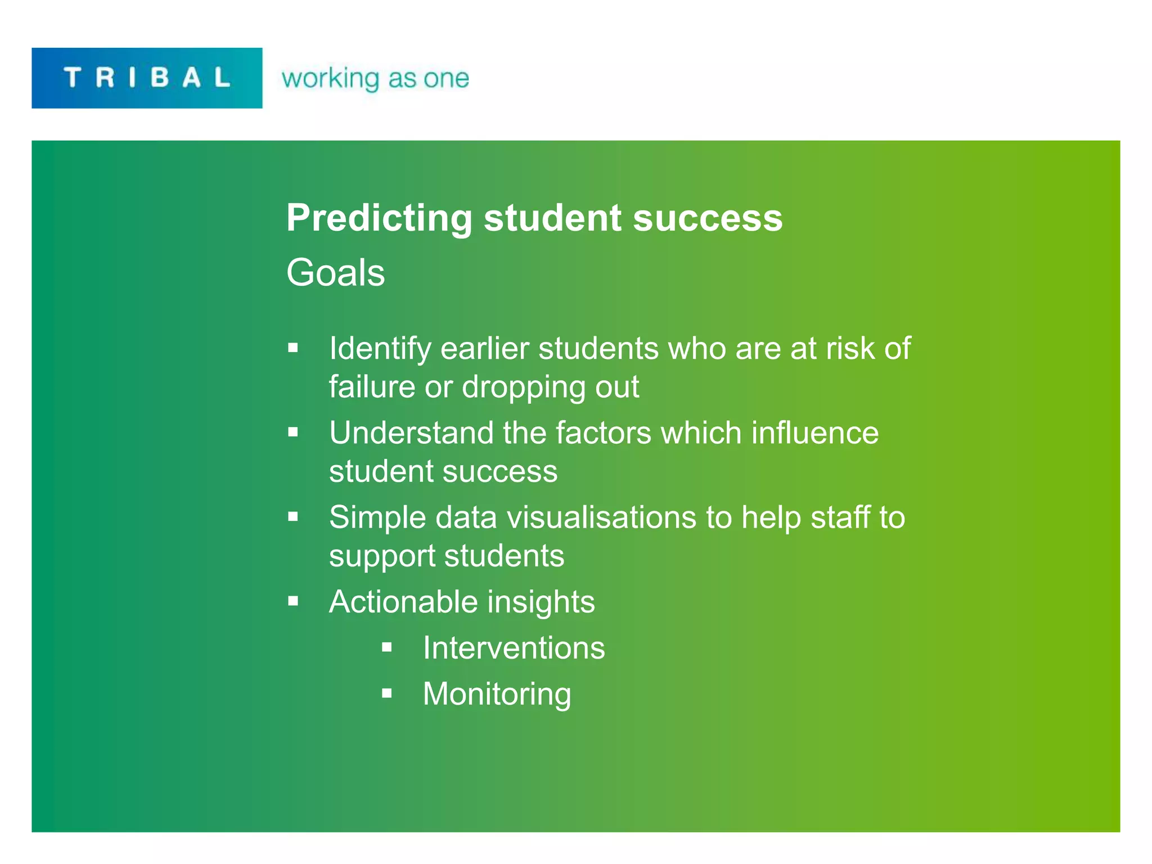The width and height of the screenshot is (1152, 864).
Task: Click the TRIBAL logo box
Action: pyautogui.click(x=147, y=78)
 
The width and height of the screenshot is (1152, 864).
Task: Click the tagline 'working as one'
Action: pyautogui.click(x=375, y=78)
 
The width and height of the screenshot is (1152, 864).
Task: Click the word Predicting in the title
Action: pyautogui.click(x=379, y=218)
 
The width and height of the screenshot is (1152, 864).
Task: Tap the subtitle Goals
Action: pyautogui.click(x=335, y=273)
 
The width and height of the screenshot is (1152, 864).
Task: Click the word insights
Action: pyautogui.click(x=541, y=602)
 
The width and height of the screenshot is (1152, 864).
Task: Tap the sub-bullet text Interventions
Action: pyautogui.click(x=514, y=648)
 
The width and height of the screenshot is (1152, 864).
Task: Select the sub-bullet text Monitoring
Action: pyautogui.click(x=497, y=694)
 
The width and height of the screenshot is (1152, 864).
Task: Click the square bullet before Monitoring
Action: pyautogui.click(x=386, y=694)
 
